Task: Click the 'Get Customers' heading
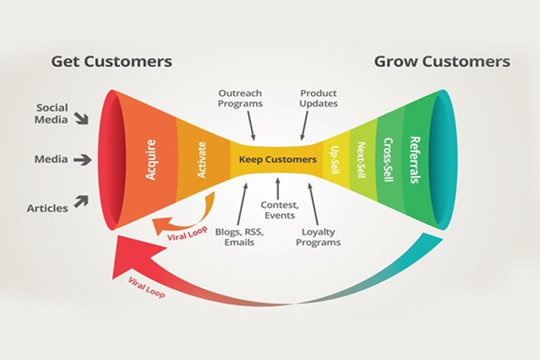click(x=111, y=62)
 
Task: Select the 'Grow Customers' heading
click(x=442, y=62)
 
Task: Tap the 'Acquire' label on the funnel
click(x=151, y=159)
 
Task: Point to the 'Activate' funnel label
click(x=202, y=160)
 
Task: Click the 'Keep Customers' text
click(x=278, y=159)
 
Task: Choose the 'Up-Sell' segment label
click(x=335, y=160)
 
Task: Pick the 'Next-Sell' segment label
click(x=361, y=160)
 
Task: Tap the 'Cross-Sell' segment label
click(x=388, y=160)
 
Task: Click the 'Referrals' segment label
click(x=415, y=160)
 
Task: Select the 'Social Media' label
click(x=51, y=114)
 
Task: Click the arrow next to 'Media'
click(x=83, y=160)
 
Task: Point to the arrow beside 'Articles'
click(x=81, y=201)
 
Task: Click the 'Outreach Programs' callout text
click(x=240, y=98)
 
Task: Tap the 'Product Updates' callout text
click(x=319, y=98)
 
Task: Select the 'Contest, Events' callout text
click(x=280, y=210)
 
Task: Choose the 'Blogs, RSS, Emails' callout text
click(x=239, y=237)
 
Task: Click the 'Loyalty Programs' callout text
click(x=318, y=237)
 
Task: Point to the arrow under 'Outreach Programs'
click(x=251, y=125)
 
